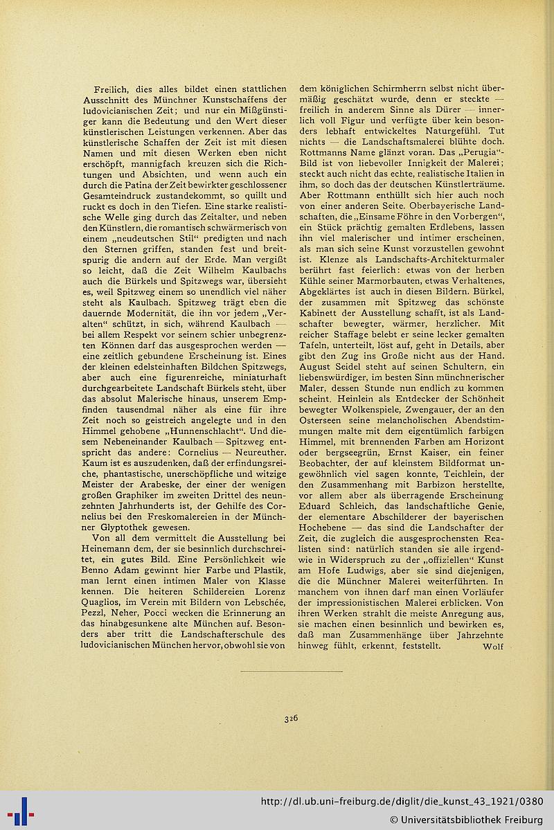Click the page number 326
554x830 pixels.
coord(291,719)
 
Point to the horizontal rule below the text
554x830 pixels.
coord(291,671)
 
